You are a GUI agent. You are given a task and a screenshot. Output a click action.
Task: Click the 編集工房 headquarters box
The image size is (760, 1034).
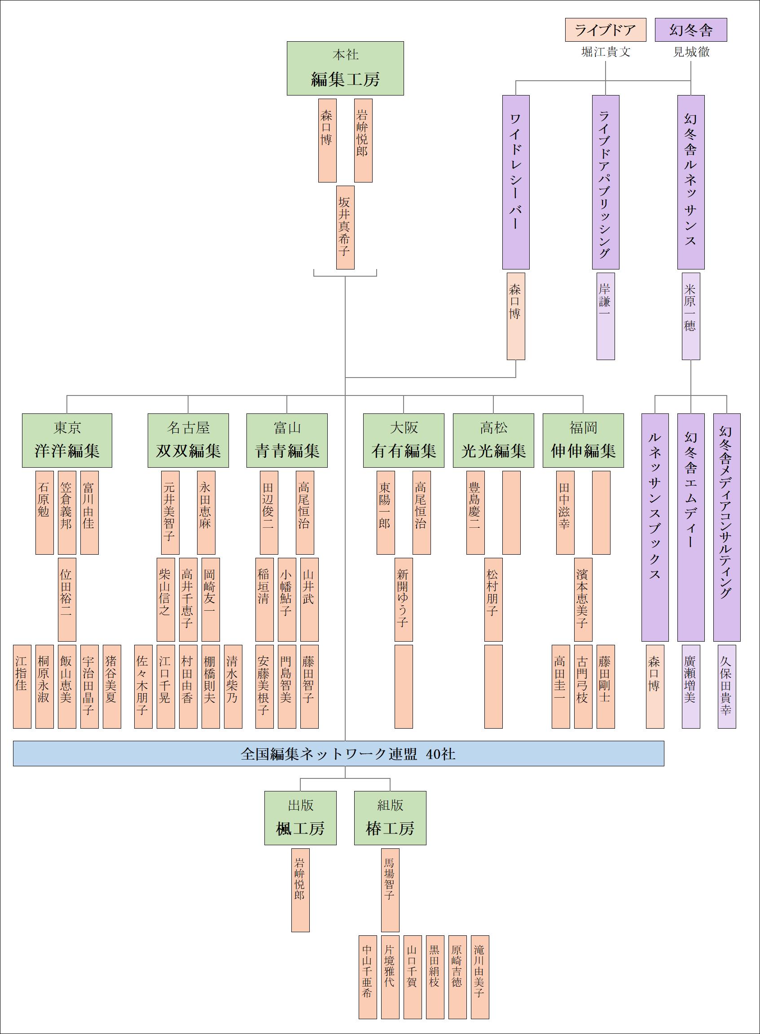345,69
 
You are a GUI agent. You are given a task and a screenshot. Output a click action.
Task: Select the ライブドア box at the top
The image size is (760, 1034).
606,30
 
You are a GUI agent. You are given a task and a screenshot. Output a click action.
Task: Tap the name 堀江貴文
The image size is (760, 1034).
606,52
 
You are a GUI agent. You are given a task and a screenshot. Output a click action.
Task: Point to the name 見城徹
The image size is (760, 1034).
691,52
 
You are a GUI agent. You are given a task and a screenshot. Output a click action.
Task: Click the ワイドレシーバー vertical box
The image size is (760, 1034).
516,182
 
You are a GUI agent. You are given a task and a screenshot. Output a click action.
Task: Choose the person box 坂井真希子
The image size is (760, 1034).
345,227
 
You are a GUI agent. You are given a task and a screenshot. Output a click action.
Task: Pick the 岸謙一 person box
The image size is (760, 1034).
606,316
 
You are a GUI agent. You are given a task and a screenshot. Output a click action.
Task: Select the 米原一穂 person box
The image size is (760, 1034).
690,316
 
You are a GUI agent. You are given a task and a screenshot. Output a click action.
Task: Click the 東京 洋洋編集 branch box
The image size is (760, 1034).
67,440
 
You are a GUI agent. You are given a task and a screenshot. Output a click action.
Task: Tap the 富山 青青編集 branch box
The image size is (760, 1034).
287,440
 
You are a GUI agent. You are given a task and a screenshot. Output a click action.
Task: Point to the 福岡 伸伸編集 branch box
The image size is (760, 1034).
583,440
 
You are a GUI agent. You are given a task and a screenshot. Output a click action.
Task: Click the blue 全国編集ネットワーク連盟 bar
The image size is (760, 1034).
338,753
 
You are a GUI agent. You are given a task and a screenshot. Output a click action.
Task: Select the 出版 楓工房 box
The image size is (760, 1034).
300,817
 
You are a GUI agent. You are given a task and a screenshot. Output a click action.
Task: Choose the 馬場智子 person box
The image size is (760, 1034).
390,890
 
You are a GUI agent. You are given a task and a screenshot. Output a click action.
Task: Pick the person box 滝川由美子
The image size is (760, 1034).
480,977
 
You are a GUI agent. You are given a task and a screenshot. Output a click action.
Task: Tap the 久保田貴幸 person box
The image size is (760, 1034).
726,686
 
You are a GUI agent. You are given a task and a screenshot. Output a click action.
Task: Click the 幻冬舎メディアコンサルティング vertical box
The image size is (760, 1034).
726,527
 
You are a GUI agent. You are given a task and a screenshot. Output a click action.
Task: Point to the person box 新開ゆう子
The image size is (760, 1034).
404,599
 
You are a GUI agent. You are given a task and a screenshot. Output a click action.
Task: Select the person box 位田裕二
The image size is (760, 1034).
67,599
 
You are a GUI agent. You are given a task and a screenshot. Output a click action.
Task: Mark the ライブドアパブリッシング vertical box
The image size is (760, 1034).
606,182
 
